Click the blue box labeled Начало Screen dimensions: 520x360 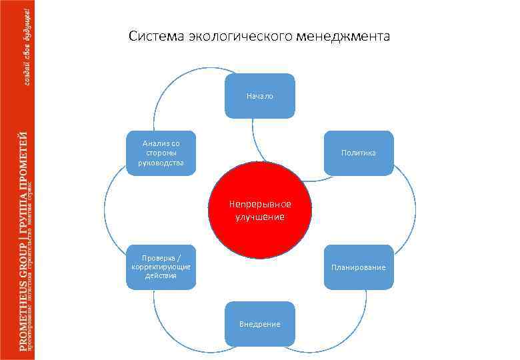[259, 96]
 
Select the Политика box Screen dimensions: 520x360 [358, 153]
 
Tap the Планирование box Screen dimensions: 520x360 [358, 267]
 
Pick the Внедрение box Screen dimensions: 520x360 [259, 324]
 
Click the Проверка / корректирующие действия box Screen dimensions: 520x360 [161, 267]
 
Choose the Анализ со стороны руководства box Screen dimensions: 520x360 [161, 153]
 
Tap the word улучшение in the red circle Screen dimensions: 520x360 [260, 217]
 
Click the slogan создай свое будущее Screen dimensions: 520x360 [27, 44]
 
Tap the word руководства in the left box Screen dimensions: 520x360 [161, 162]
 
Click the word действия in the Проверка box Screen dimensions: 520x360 [161, 276]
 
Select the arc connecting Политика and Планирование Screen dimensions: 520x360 [415, 210]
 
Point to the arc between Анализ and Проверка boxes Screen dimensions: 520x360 [105, 210]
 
